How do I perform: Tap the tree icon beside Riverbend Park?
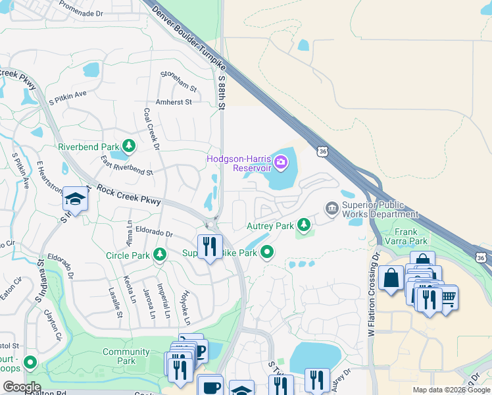click(x=130, y=146)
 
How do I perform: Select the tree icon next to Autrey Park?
click(x=304, y=226)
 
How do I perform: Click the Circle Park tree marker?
click(x=159, y=254)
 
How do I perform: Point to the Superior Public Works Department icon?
click(x=332, y=209)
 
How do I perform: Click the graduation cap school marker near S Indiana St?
click(x=75, y=199)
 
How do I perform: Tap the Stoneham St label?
click(x=180, y=83)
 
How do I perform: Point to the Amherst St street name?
click(x=173, y=102)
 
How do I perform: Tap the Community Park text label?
click(x=126, y=356)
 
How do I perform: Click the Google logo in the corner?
click(x=22, y=387)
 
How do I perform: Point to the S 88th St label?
click(x=222, y=92)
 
